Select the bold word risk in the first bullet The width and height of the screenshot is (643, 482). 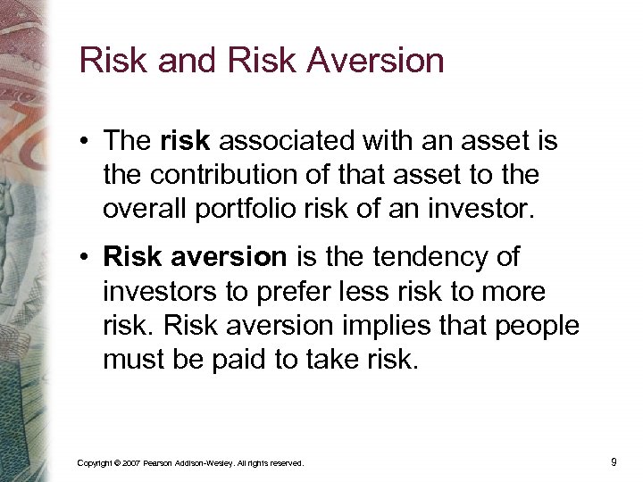186,140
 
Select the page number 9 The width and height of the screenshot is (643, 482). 614,461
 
